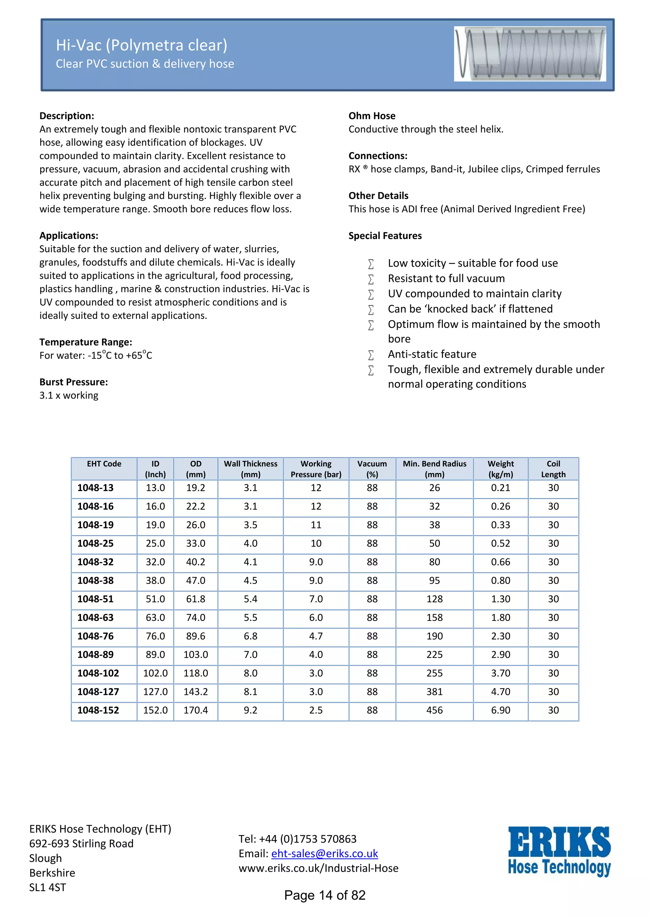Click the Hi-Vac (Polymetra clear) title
point(141,45)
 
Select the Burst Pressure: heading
point(74,382)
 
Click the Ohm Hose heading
point(372,116)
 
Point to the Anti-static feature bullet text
point(432,354)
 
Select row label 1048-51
point(95,599)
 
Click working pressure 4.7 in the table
point(316,636)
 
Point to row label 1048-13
point(95,488)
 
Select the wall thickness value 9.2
point(250,710)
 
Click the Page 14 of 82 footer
point(325,895)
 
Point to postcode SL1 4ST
point(47,888)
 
